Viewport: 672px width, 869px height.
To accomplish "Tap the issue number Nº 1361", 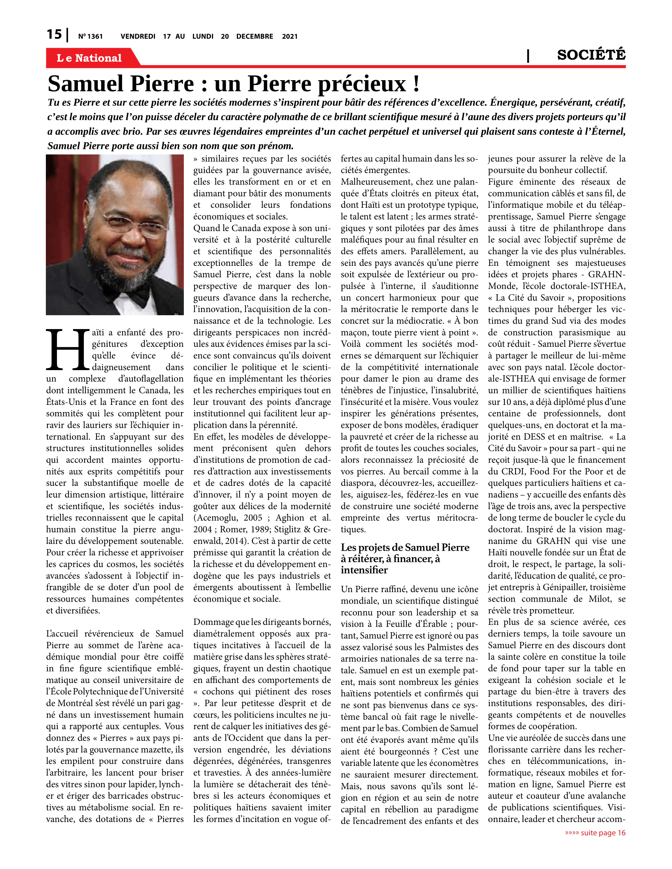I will tap(91, 37).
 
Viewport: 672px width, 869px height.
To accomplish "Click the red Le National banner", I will tap(89, 58).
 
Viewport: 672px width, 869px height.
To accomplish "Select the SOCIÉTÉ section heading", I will tap(591, 55).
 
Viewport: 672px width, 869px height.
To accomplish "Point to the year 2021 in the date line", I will tap(290, 37).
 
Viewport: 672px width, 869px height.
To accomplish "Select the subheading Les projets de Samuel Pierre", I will tap(405, 547).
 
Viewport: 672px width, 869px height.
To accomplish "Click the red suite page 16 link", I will tap(595, 833).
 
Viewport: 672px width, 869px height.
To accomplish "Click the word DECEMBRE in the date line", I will tap(255, 37).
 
